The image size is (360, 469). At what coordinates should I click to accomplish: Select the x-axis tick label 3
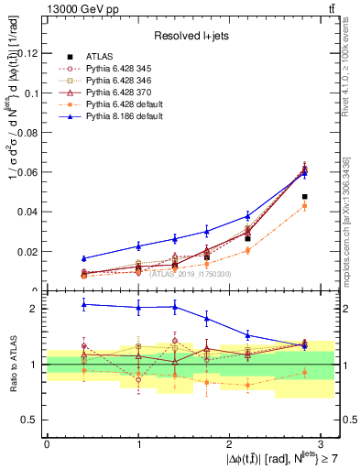click(x=321, y=443)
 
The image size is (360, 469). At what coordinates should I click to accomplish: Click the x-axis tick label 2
click(x=229, y=443)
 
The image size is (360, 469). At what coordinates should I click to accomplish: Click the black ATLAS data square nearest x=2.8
click(x=304, y=197)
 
